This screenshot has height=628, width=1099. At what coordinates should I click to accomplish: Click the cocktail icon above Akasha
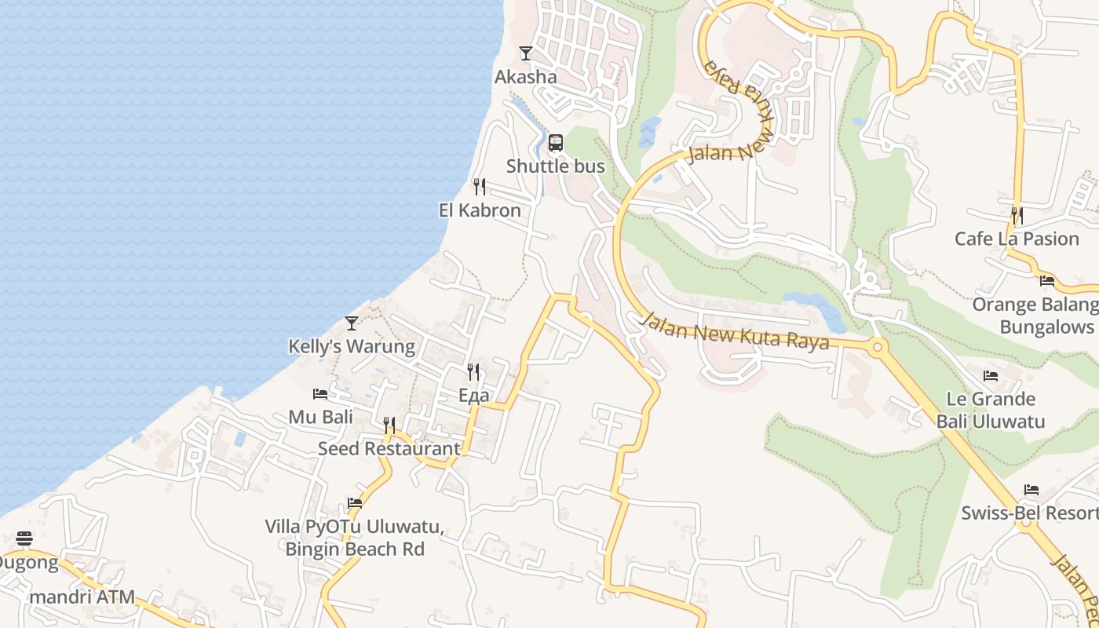click(x=526, y=53)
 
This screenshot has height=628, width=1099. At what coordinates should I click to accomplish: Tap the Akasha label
click(x=526, y=77)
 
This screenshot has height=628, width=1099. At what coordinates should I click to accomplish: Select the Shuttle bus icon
click(x=556, y=143)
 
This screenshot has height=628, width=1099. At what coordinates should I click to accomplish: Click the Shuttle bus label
click(x=556, y=166)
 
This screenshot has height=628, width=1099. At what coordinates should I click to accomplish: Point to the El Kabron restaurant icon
click(x=480, y=187)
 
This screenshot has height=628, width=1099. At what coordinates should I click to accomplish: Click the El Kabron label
click(x=480, y=210)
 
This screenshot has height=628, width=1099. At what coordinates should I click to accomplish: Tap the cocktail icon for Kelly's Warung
click(x=352, y=323)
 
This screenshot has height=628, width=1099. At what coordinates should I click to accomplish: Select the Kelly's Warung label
click(x=352, y=346)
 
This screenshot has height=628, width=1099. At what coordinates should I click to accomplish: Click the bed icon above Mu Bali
click(x=320, y=393)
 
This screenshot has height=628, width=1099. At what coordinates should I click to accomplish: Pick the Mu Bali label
click(x=320, y=417)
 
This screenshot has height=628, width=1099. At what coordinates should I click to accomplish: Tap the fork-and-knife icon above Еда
click(x=473, y=371)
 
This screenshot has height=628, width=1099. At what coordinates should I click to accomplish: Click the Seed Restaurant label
click(x=389, y=448)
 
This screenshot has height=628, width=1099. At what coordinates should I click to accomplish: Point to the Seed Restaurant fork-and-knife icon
click(x=389, y=425)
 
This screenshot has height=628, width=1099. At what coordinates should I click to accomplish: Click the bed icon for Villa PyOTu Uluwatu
click(x=355, y=502)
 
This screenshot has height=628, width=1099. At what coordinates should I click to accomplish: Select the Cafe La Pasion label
click(x=1017, y=239)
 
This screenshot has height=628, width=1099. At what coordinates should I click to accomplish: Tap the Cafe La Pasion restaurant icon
click(x=1017, y=215)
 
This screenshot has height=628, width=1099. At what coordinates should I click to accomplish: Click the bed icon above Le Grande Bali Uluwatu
click(x=991, y=376)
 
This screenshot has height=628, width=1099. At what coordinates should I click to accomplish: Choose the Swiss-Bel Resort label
click(x=1030, y=513)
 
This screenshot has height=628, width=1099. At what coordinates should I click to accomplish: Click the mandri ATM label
click(x=82, y=597)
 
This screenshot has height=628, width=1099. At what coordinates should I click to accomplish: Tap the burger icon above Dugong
click(x=24, y=539)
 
